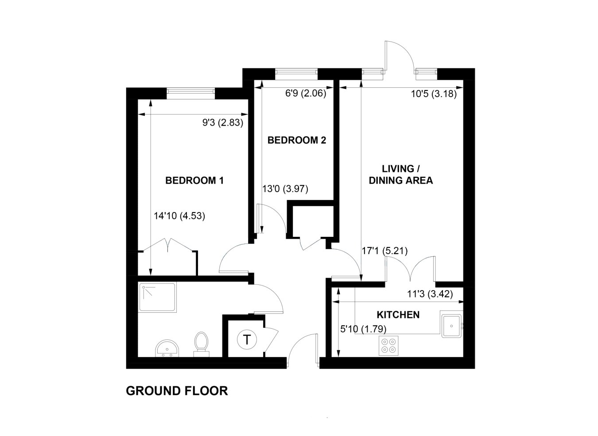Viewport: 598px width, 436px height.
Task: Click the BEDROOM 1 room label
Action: tap(194, 181)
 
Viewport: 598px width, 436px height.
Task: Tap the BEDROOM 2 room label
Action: tap(296, 140)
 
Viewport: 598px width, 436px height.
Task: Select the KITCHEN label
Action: tap(398, 315)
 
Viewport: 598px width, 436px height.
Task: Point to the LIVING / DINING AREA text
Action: tap(400, 175)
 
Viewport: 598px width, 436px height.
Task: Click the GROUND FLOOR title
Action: tap(177, 391)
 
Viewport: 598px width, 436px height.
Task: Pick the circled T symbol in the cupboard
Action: tap(247, 340)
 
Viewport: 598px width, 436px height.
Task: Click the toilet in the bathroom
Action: tap(201, 343)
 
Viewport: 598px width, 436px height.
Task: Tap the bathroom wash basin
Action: tap(167, 348)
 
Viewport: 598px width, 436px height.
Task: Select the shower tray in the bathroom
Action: tap(157, 297)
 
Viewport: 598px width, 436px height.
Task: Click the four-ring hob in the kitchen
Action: tap(388, 345)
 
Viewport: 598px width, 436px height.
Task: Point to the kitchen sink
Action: tap(451, 325)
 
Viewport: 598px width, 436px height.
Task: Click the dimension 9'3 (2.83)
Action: tap(223, 123)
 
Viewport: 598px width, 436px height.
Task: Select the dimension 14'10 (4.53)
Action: tap(179, 216)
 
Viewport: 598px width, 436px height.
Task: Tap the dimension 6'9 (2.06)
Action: tap(305, 94)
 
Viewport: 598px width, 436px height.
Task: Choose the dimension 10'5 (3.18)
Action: tap(433, 94)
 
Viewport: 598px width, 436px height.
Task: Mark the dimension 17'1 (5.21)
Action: tap(384, 251)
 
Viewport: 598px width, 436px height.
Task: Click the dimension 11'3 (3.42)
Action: tap(430, 294)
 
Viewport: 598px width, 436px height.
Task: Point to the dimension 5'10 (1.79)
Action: tap(363, 329)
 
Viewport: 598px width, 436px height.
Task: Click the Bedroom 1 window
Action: tap(190, 93)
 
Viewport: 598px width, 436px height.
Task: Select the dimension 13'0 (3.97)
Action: tap(285, 189)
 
